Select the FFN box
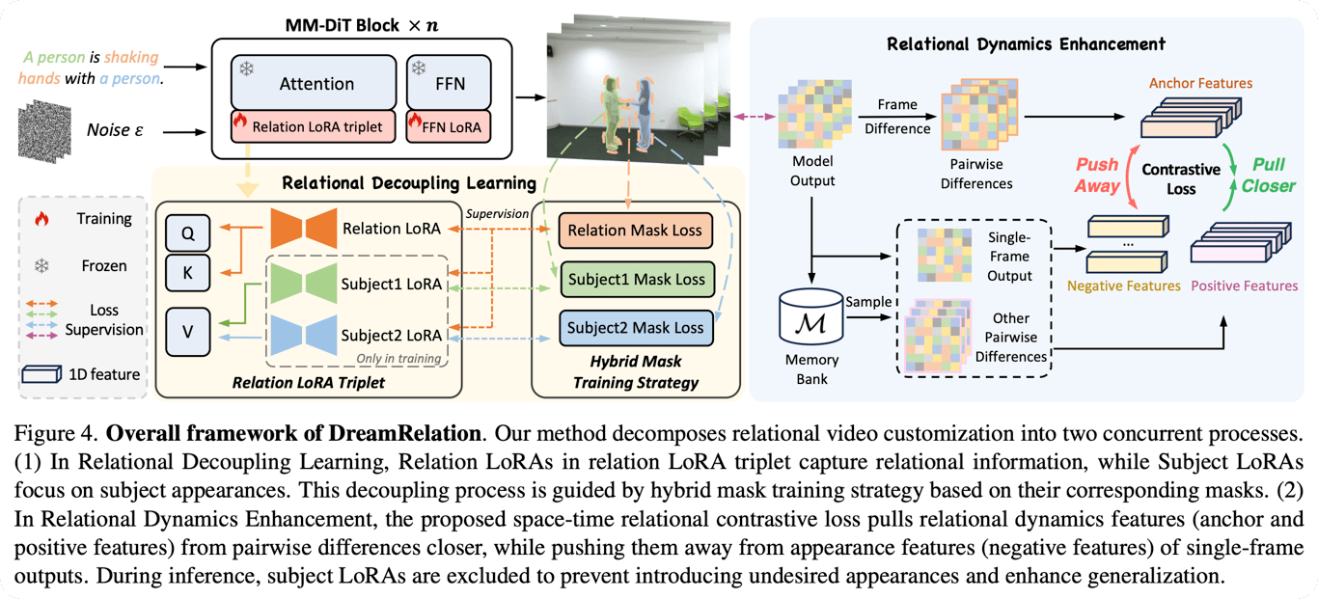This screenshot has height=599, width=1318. [449, 83]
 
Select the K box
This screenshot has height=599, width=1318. [187, 273]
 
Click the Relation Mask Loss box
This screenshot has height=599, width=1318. [635, 230]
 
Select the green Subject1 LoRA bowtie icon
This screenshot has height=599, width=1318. [301, 284]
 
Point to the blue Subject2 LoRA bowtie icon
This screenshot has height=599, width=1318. [301, 335]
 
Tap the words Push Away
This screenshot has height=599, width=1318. [1097, 177]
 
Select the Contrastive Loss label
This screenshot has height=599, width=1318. [1180, 178]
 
